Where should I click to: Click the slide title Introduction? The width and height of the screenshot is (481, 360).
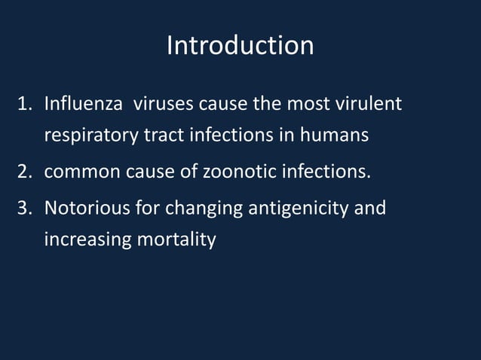pos(240,46)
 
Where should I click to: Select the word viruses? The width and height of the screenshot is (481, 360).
pos(164,103)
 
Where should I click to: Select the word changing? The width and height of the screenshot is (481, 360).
pos(201,207)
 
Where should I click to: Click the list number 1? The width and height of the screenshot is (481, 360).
pos(24,103)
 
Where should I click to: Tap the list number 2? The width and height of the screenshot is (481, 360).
pos(24,172)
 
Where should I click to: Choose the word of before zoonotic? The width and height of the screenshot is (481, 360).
pos(188,172)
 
